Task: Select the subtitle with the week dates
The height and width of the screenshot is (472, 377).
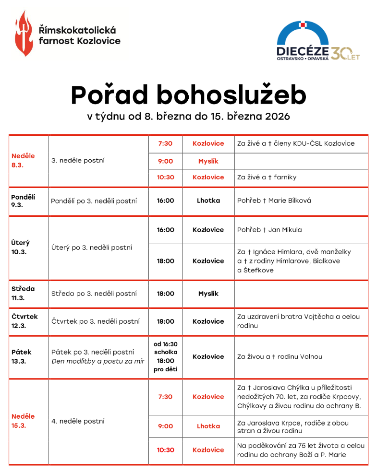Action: coord(188,117)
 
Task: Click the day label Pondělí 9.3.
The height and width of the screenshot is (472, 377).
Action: coord(23,201)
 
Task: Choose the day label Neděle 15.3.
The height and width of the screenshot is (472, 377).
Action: coord(23,421)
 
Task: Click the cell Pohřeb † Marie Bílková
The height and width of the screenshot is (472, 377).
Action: coord(274,201)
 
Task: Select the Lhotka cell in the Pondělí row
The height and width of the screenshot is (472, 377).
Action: coord(208,201)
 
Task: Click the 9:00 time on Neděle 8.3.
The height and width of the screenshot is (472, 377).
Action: coord(165,161)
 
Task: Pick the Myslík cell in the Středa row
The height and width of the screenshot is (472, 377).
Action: coord(208,294)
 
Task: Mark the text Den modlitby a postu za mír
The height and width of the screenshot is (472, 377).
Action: coord(97,361)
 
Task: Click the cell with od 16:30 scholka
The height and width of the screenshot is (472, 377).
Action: coord(165,348)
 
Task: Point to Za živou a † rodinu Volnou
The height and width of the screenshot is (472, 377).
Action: coord(280,356)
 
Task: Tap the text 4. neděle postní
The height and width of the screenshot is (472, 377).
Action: coord(78,421)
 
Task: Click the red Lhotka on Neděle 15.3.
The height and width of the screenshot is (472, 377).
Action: coord(208,426)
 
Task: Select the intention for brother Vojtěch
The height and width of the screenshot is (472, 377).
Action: coord(298,321)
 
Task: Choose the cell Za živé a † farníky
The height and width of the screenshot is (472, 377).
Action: coord(267,177)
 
